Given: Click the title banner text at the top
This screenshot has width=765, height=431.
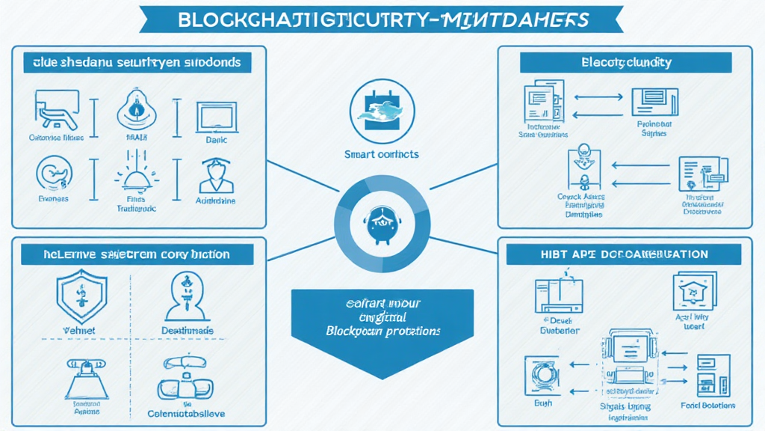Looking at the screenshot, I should pos(382,19).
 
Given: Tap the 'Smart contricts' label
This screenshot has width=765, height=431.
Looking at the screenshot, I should pos(382,154).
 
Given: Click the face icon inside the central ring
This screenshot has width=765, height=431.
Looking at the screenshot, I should pos(382,221).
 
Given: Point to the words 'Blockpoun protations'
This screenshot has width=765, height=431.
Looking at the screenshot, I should pos(382,330).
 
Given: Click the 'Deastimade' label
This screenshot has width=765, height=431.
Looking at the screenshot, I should pos(187,330).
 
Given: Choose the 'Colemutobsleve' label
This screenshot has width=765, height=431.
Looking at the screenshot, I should pos(187,413).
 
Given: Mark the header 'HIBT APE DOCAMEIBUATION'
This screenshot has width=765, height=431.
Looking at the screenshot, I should pos(624,254).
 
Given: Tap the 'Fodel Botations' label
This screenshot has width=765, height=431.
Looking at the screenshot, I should pos(707,405).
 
